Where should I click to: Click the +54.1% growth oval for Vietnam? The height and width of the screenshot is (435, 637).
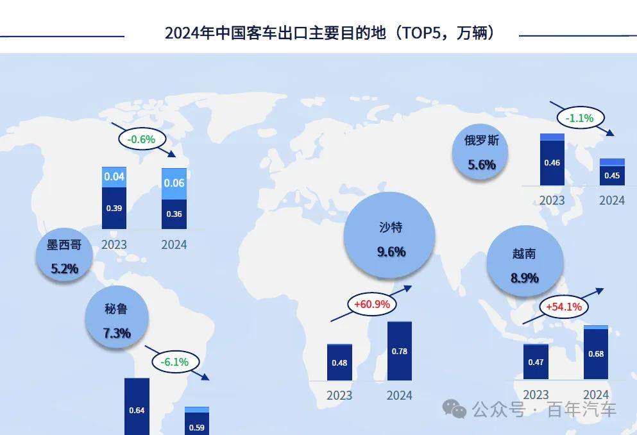[563, 307]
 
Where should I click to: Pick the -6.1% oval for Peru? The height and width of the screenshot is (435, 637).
[175, 362]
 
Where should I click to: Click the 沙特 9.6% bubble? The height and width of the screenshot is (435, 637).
[391, 239]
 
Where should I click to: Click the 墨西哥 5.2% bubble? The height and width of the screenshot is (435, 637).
[65, 256]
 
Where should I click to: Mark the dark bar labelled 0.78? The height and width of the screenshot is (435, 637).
[399, 351]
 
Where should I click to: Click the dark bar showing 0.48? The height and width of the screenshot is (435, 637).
[339, 362]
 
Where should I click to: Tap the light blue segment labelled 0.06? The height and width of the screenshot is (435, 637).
[174, 183]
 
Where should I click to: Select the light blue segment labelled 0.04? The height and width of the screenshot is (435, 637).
[114, 176]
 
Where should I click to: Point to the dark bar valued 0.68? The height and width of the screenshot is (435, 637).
[595, 354]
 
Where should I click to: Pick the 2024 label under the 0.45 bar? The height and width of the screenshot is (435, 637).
[611, 200]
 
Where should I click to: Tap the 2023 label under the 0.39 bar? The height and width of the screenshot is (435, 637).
[114, 244]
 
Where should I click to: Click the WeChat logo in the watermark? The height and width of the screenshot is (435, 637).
[457, 409]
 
